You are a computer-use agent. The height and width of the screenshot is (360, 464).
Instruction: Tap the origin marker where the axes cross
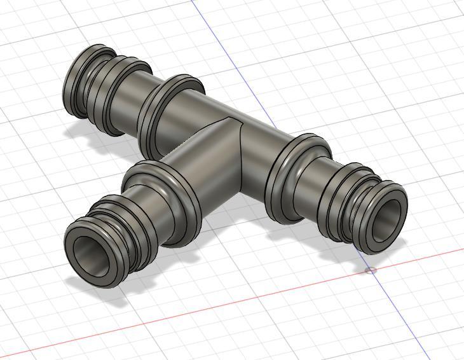[x=371, y=271]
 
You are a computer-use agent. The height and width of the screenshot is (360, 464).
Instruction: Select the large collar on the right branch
[x=292, y=178]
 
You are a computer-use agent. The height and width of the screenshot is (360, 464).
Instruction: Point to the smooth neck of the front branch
[x=153, y=210]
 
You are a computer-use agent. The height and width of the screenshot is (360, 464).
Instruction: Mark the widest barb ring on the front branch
[x=127, y=232]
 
